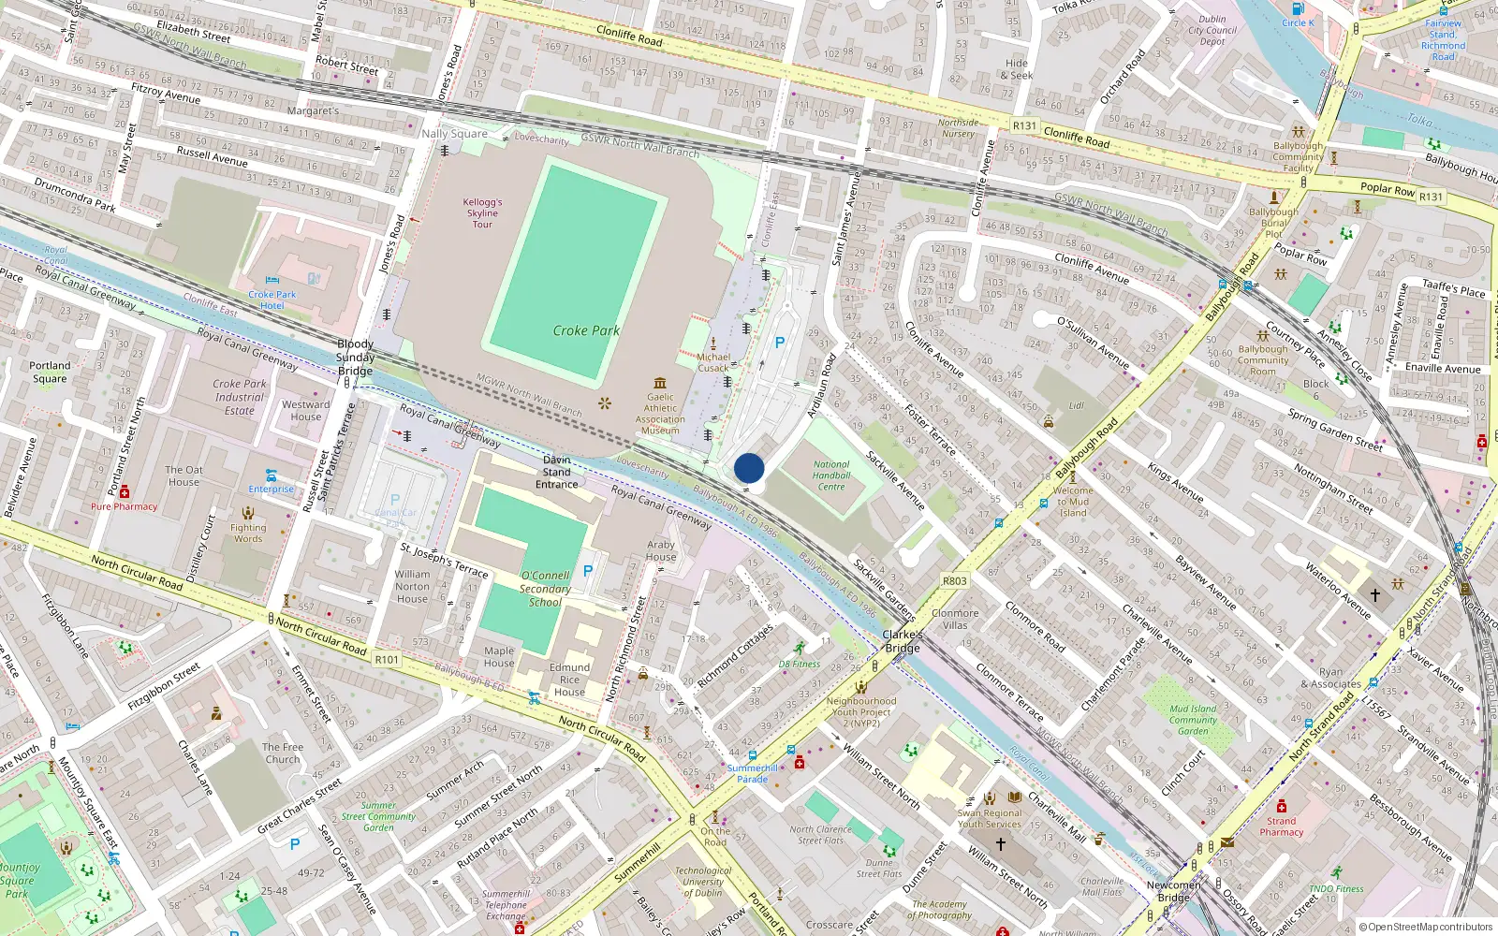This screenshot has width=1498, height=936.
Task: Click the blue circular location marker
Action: point(749,468)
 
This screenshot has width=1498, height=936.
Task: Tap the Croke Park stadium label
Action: point(586,330)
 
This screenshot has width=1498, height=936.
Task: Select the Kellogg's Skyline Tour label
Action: point(482,212)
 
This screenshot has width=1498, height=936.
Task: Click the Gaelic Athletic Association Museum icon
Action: point(660,383)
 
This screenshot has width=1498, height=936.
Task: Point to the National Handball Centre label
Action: point(831,475)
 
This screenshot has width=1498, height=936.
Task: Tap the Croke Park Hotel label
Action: point(272,300)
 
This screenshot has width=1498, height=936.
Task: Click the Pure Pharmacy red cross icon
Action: point(125,492)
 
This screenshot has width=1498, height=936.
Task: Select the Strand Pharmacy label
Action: point(1281,826)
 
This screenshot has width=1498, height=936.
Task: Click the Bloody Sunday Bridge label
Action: point(355,358)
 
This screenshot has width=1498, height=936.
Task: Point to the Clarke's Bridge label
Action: point(902,641)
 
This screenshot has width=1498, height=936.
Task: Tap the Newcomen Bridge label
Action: point(1173,891)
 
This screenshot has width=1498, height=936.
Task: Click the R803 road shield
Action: point(955,581)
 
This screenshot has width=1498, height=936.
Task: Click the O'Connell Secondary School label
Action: point(545,589)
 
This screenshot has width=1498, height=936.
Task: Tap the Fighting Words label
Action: point(248,533)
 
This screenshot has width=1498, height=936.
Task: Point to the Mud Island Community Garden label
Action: point(1193,720)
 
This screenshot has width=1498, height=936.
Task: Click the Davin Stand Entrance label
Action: point(557,472)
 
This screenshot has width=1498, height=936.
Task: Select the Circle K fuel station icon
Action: point(1298,9)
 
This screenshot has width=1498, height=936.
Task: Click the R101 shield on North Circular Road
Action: point(387,660)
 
